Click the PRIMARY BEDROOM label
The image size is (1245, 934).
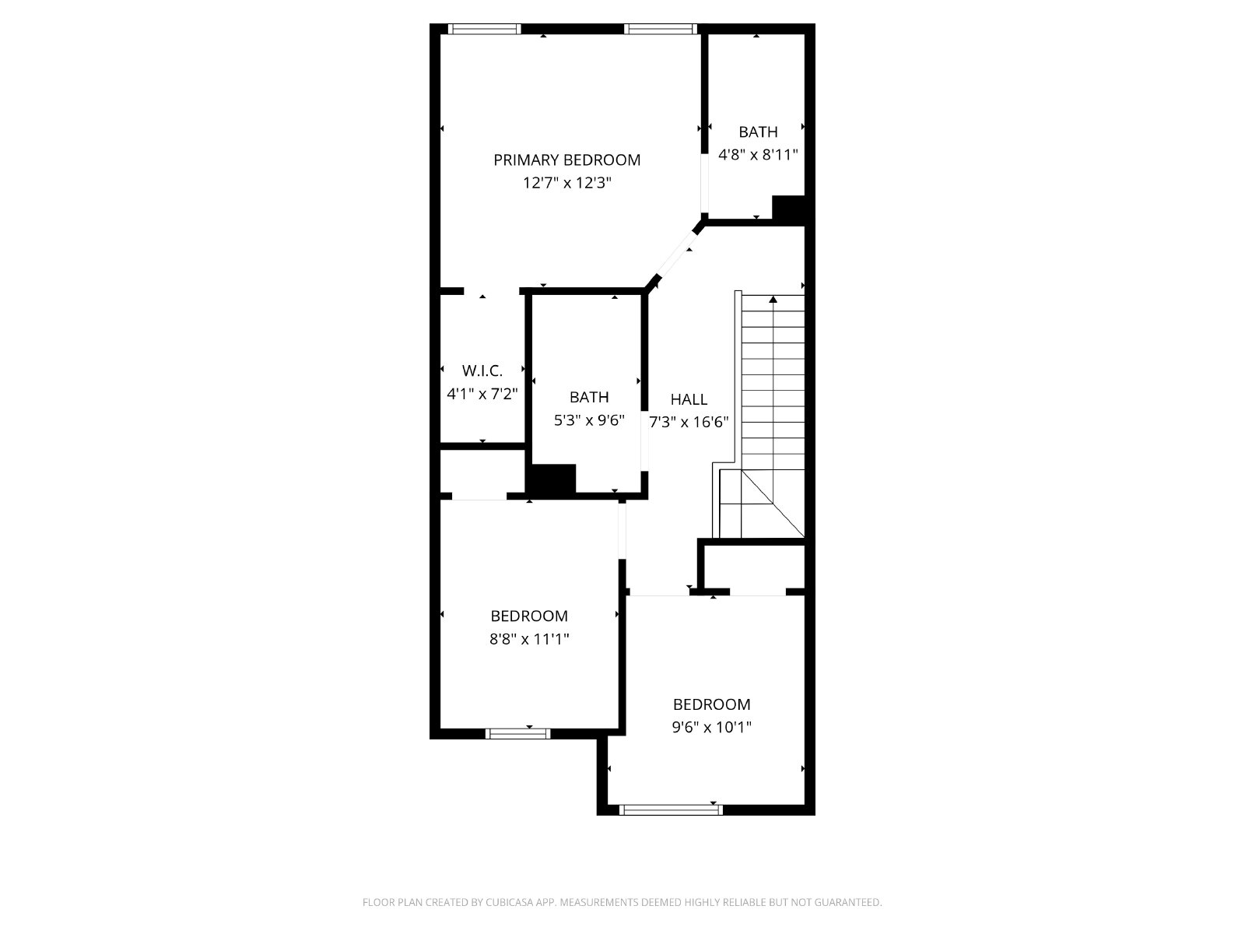coord(566,160)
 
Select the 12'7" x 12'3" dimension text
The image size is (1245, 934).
coord(566,183)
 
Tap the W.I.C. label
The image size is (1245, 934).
coord(482,371)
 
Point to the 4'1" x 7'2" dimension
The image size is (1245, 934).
coord(482,394)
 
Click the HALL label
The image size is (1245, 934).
coord(689,399)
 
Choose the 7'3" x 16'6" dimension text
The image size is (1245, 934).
coord(689,423)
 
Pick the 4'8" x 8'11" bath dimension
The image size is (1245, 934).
coord(759,154)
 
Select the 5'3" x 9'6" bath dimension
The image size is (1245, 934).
coord(589,420)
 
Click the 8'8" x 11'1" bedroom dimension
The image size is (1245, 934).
coord(529,639)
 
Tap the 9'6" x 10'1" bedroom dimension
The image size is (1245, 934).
coord(712,727)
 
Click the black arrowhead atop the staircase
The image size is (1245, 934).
coord(773,299)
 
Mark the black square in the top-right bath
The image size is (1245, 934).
coord(789,208)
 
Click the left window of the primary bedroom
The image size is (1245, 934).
coord(485,29)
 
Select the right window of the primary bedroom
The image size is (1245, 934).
coord(661,29)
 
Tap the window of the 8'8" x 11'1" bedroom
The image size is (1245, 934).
coord(518,733)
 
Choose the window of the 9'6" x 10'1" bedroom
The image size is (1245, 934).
coord(671,809)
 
